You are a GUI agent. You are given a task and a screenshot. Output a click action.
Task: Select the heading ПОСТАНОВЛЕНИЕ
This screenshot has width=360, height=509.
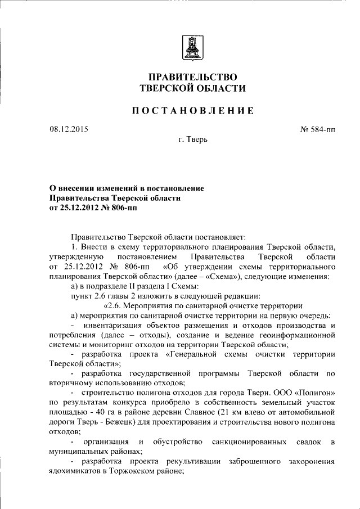click(192, 111)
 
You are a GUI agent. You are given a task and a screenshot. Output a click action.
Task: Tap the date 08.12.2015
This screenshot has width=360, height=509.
click(69, 129)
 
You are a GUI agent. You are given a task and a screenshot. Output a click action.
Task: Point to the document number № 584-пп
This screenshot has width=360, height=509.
click(318, 129)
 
